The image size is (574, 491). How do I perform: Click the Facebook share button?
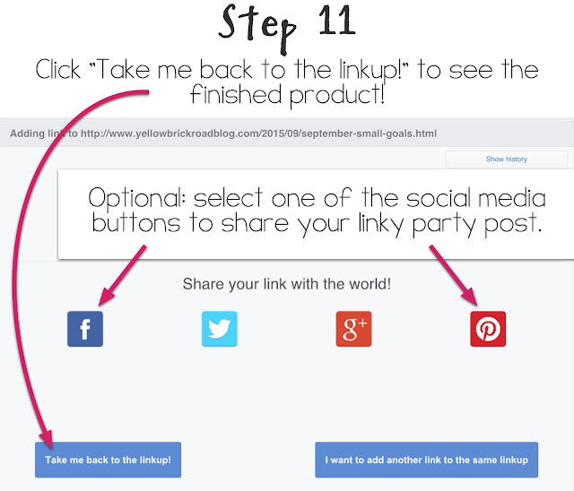click(x=85, y=329)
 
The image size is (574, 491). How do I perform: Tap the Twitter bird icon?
click(x=219, y=329)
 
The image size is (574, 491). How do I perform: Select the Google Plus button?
click(x=353, y=329)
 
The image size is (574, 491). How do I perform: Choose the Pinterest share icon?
click(x=488, y=329)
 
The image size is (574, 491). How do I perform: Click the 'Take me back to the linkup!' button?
click(x=108, y=460)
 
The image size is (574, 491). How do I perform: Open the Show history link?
click(x=506, y=159)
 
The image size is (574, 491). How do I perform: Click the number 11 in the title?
click(x=337, y=22)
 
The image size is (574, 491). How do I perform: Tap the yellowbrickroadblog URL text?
click(x=258, y=134)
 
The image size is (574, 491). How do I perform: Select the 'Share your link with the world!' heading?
click(x=287, y=284)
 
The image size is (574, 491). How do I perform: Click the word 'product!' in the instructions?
click(x=337, y=95)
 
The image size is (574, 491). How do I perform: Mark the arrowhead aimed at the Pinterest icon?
click(x=470, y=296)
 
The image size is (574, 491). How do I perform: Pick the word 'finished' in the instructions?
click(x=236, y=94)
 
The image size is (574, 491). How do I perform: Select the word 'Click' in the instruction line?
click(x=57, y=69)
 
